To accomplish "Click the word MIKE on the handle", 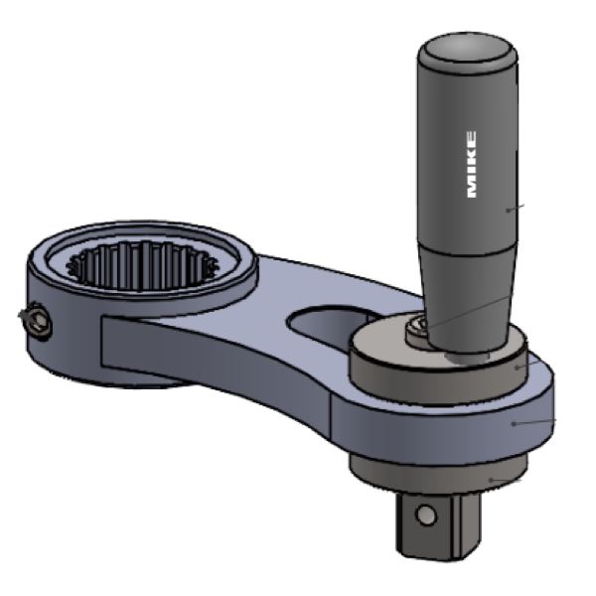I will (470, 164).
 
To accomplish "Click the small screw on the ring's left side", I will (36, 320).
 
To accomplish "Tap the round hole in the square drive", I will (426, 516).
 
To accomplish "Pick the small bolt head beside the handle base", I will (416, 329).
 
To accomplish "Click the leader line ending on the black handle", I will (516, 207).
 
